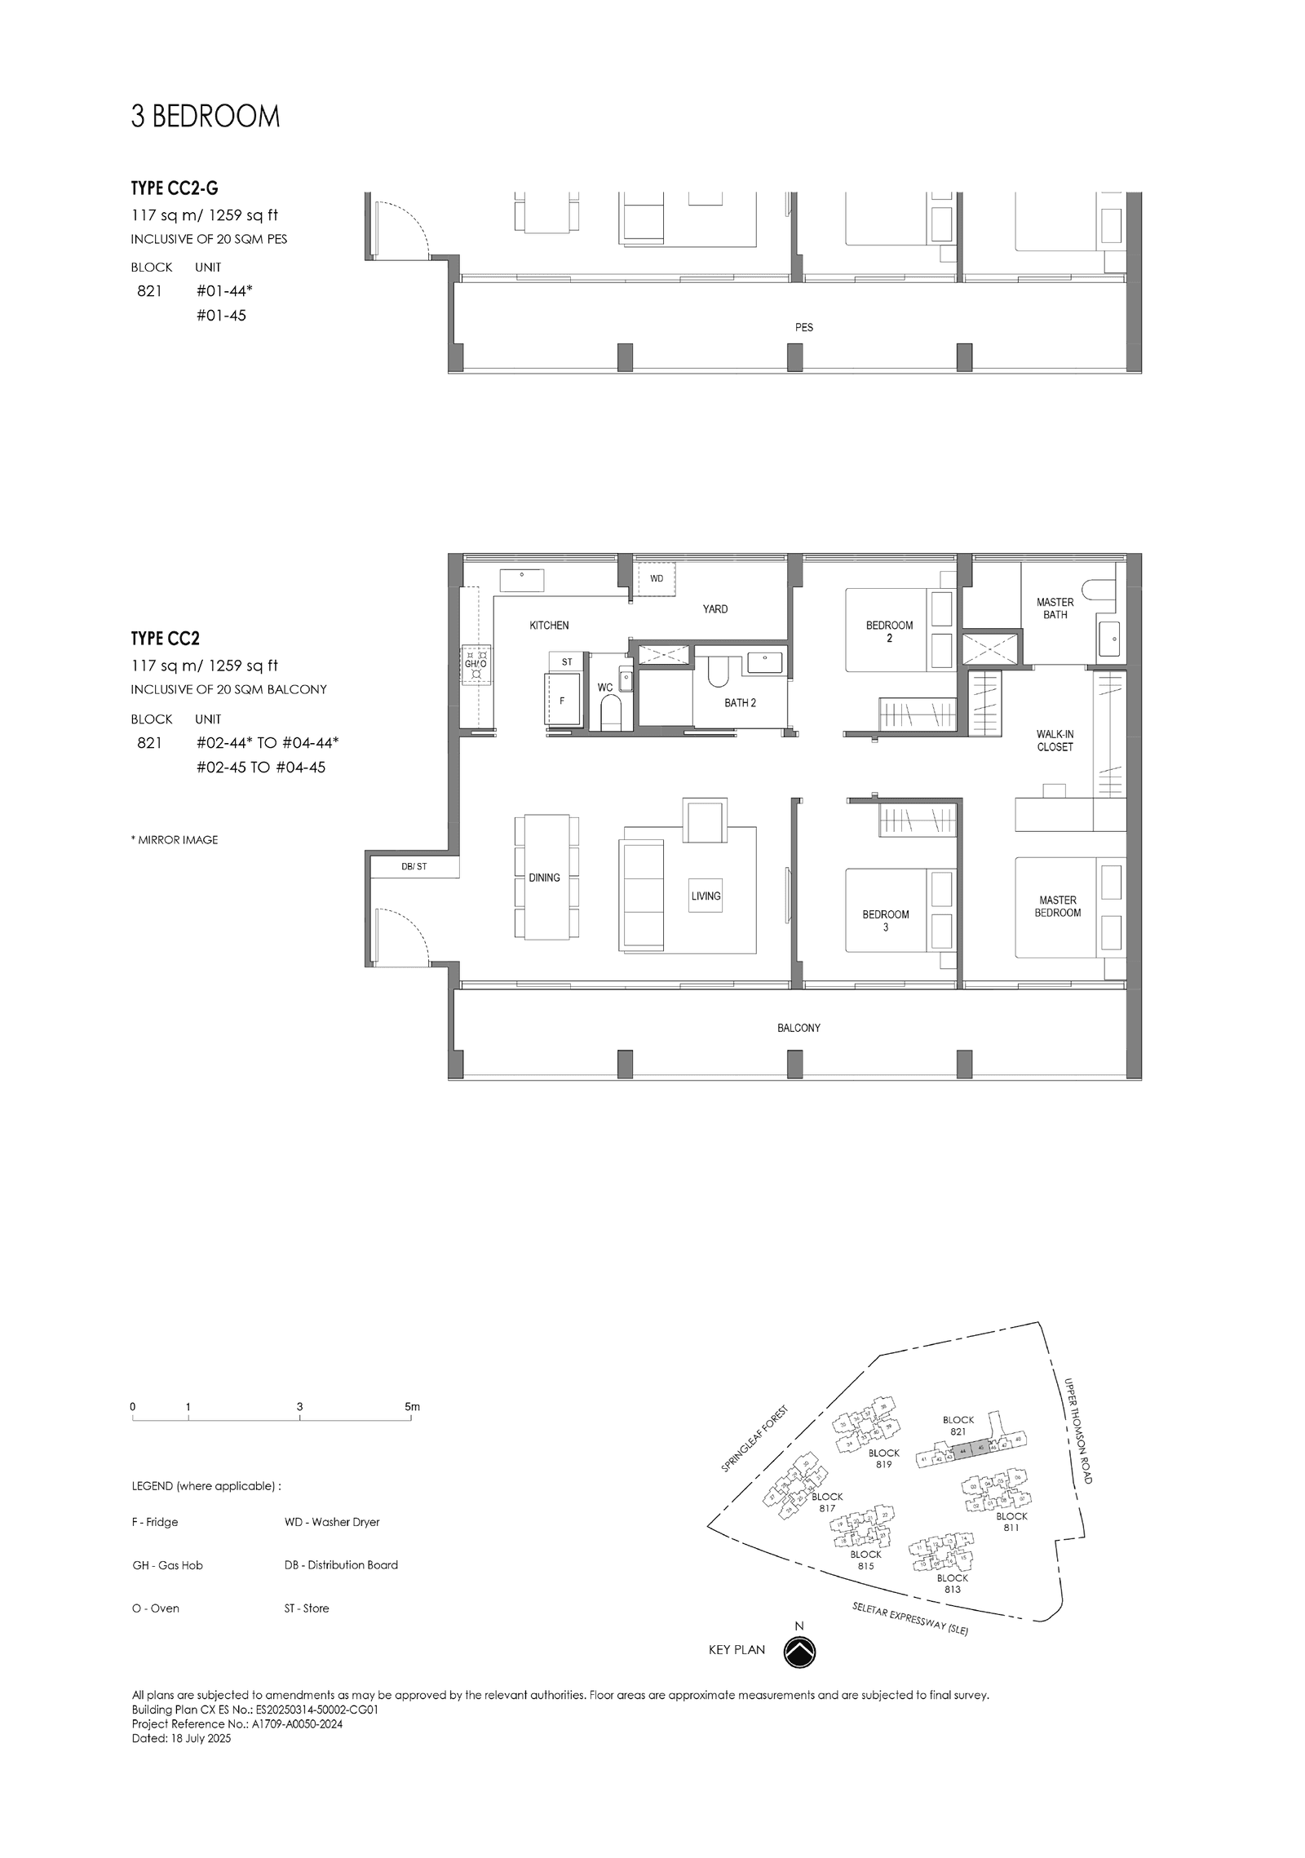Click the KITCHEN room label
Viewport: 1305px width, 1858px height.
(x=549, y=626)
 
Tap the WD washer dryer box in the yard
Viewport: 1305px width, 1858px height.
(x=657, y=579)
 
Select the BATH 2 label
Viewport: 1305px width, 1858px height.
(x=740, y=703)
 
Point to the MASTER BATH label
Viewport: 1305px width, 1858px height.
(x=1055, y=608)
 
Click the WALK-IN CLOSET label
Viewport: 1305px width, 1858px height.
(x=1055, y=741)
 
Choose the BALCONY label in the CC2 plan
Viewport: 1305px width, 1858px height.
(x=798, y=1028)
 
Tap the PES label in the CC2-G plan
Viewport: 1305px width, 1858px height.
(x=803, y=328)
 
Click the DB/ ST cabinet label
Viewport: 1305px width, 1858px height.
(x=414, y=866)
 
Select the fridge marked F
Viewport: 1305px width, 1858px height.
(x=562, y=701)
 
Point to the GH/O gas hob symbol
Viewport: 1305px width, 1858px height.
(x=476, y=663)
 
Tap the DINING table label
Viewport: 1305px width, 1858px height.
(x=544, y=878)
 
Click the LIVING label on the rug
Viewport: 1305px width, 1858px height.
(x=706, y=896)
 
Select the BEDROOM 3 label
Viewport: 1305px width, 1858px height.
(x=885, y=921)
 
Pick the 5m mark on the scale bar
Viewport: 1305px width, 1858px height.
(x=412, y=1407)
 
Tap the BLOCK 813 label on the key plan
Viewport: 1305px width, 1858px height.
(x=952, y=1583)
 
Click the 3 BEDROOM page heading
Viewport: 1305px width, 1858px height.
(x=206, y=117)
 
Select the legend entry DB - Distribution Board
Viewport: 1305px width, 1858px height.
(x=341, y=1564)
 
